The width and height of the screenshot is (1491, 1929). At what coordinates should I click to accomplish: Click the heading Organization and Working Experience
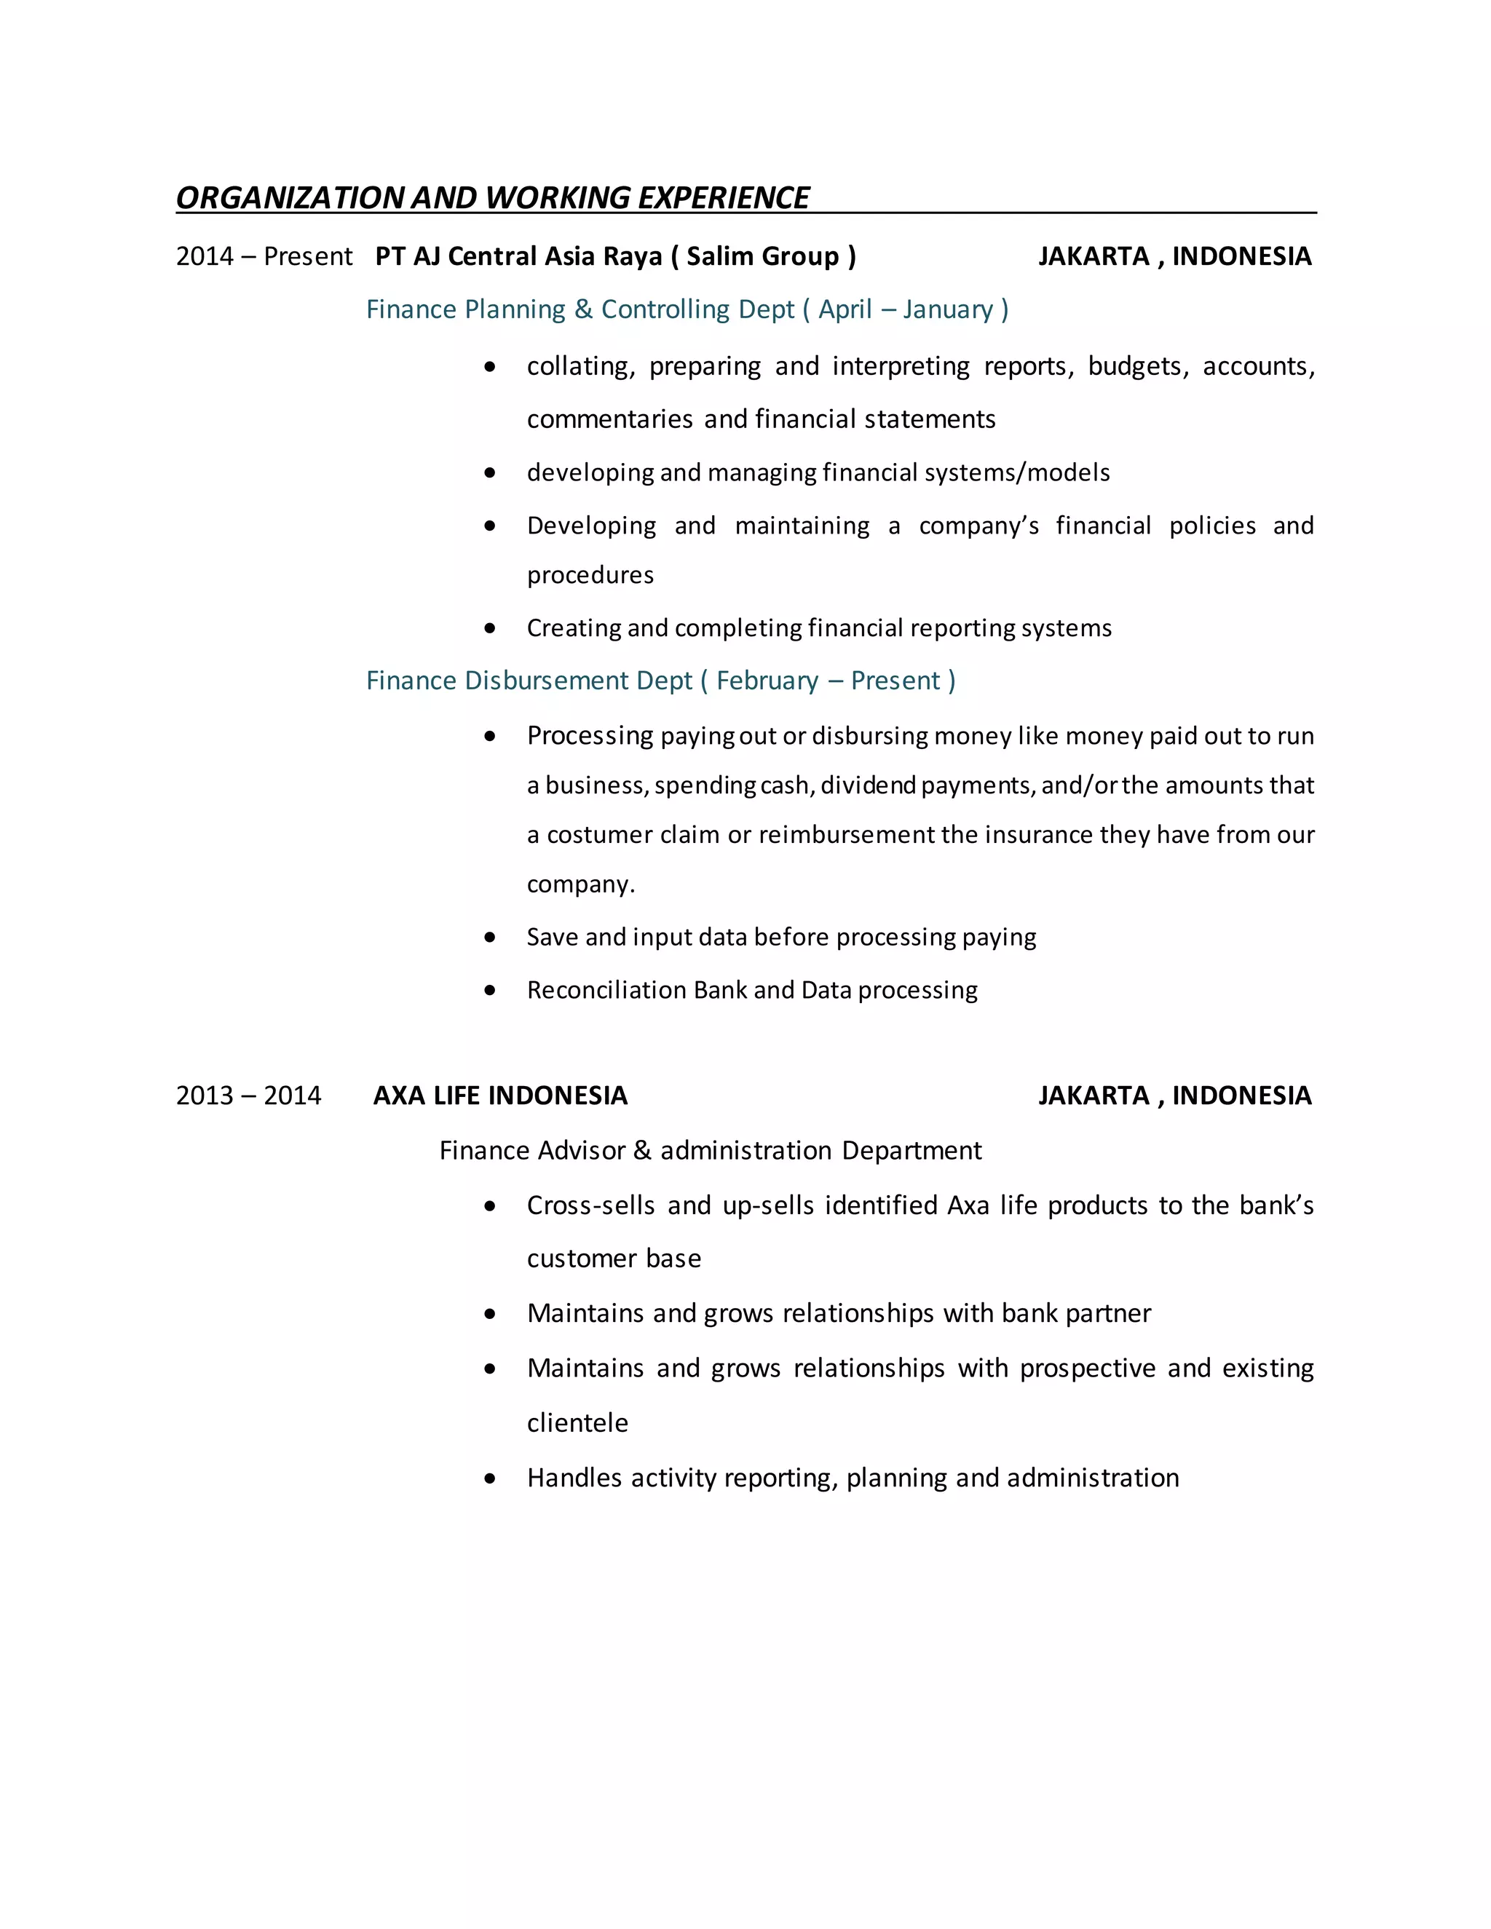492,198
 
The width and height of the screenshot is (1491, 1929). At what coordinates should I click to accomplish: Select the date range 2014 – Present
264,256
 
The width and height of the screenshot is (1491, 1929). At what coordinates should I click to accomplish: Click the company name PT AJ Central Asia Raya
518,256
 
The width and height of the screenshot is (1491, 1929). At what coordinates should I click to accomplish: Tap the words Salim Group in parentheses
762,256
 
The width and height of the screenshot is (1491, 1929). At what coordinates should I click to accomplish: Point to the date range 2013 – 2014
248,1096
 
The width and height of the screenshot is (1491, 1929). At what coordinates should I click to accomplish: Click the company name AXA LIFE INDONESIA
500,1096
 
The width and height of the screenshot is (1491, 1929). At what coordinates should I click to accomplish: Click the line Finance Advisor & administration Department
709,1150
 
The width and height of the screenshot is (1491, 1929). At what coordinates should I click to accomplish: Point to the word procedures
590,575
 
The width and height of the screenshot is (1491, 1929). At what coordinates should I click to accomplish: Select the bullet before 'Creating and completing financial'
490,629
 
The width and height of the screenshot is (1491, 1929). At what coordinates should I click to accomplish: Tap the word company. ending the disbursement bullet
580,884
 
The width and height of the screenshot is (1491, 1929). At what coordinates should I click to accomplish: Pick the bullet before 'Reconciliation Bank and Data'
490,991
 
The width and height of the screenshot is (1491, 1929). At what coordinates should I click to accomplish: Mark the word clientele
577,1423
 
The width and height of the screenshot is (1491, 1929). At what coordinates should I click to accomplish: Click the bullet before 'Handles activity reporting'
490,1478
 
